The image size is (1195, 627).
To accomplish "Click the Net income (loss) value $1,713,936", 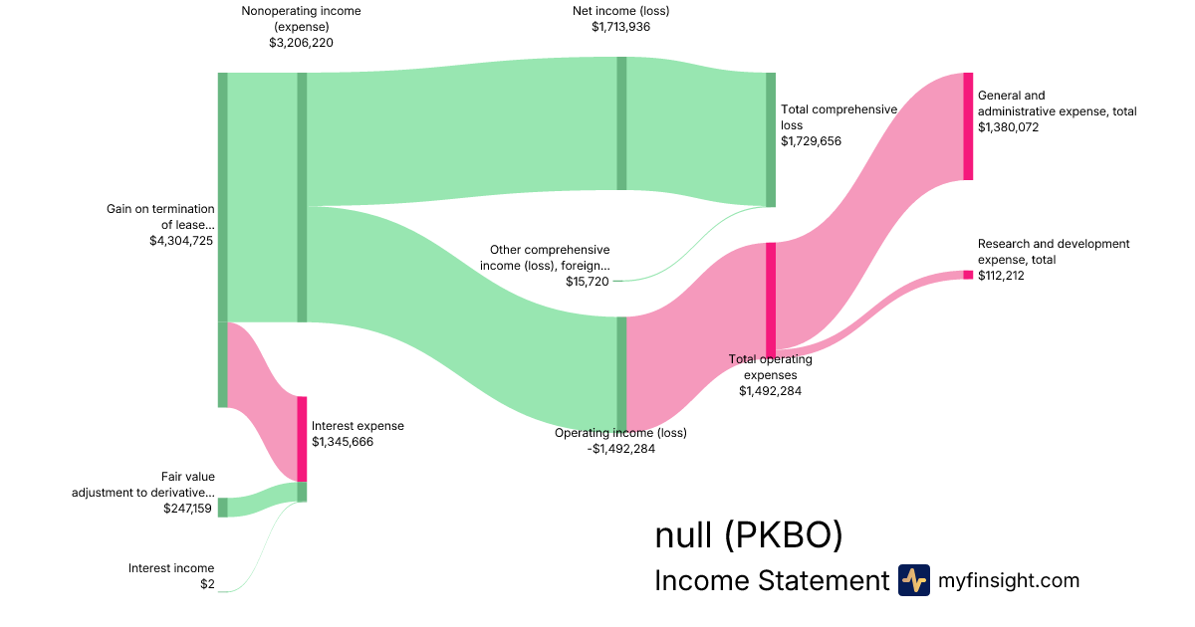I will click(x=620, y=28).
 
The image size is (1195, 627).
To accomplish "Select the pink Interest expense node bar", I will click(x=302, y=439).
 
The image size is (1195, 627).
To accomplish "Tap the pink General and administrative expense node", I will click(x=968, y=126).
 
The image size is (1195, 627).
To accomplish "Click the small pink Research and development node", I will click(x=968, y=275).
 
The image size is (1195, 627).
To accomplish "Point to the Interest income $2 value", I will click(x=207, y=584).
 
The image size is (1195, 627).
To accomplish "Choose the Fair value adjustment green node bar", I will click(x=222, y=508).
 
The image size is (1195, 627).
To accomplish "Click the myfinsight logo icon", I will click(x=913, y=580).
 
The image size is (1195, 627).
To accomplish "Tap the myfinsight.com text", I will click(x=1009, y=580).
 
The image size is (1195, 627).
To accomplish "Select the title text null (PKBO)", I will click(x=749, y=535).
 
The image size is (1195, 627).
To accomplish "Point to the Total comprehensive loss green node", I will click(x=770, y=139).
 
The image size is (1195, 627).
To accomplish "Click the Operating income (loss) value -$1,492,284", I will click(x=620, y=449).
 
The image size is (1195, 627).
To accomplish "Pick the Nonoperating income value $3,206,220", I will click(x=301, y=44).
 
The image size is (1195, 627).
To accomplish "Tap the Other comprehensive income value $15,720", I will click(x=588, y=282).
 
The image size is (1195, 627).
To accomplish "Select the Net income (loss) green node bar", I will click(x=621, y=123).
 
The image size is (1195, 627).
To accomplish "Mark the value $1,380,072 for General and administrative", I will click(x=1008, y=127).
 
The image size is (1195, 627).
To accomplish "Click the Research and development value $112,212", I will click(x=1001, y=276).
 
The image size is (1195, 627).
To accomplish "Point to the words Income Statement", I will click(x=771, y=581).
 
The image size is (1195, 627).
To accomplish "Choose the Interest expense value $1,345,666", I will click(x=343, y=442).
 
